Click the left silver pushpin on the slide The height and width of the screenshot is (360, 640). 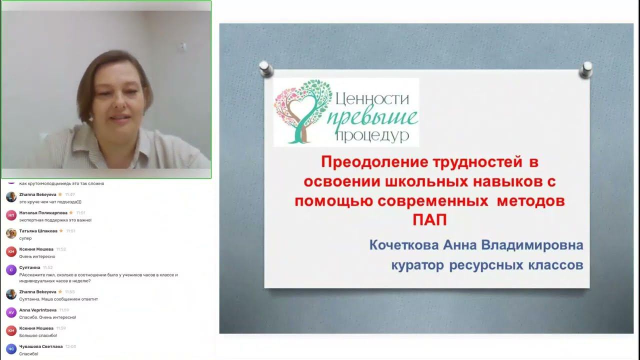[x=266, y=68]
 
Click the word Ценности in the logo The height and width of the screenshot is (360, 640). [x=372, y=98]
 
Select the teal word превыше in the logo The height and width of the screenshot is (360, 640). [x=374, y=118]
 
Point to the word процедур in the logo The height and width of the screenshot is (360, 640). [x=372, y=135]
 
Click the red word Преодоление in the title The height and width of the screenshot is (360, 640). [x=374, y=162]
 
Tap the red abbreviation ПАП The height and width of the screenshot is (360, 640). [x=429, y=220]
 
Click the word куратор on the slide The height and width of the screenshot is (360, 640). [x=417, y=265]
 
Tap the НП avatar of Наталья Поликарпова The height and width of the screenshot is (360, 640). [x=11, y=215]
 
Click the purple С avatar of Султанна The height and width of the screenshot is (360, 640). [x=11, y=270]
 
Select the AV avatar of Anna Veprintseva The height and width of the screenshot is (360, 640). [x=11, y=312]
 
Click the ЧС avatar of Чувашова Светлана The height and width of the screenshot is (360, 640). [x=11, y=349]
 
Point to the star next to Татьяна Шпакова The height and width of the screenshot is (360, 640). [x=61, y=230]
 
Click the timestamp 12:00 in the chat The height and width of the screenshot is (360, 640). [x=70, y=346]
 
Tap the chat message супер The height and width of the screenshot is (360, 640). [x=25, y=238]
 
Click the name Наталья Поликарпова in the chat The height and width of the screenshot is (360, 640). [x=43, y=212]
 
